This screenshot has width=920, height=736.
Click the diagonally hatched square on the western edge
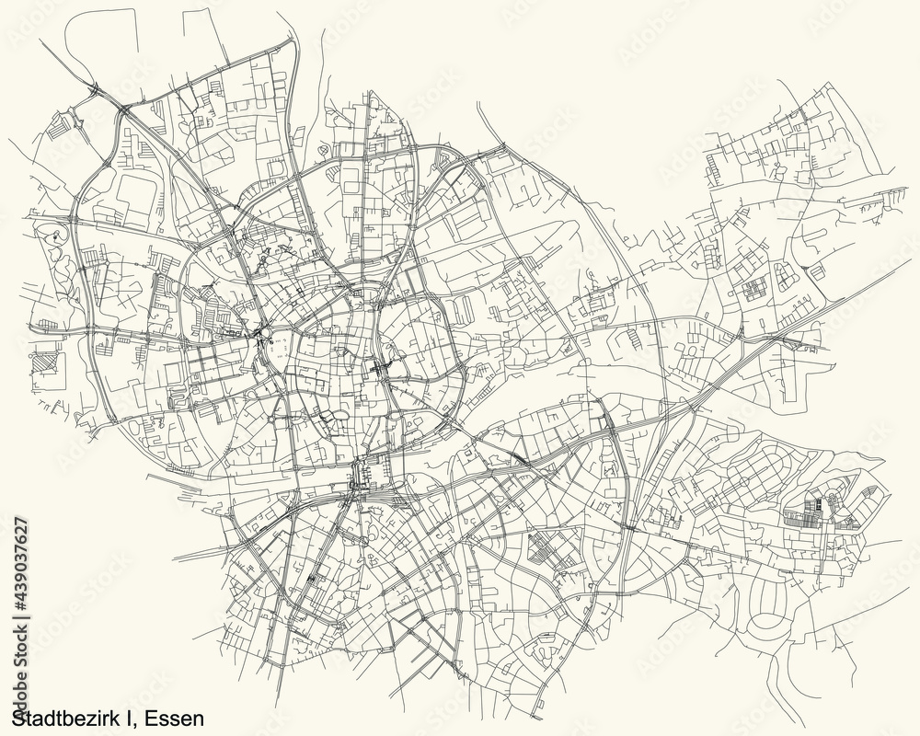tap(45, 354)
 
